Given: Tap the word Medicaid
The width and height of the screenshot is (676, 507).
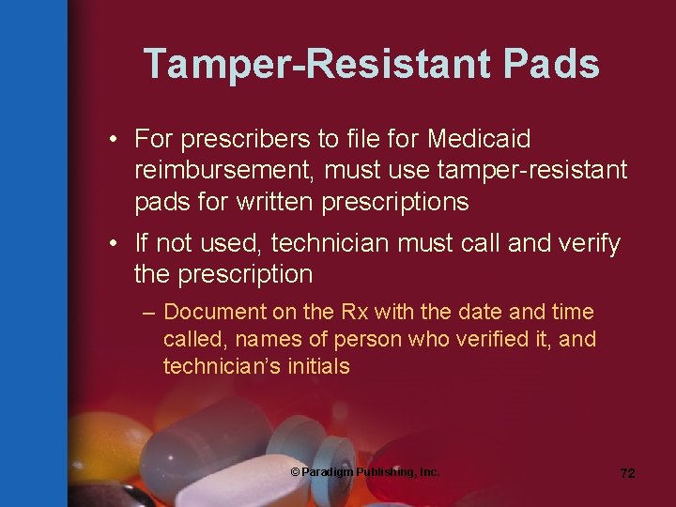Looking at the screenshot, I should pyautogui.click(x=479, y=140).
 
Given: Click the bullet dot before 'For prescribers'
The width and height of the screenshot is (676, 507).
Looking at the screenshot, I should pyautogui.click(x=112, y=140).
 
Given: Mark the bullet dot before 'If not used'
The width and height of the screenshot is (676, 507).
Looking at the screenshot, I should pyautogui.click(x=112, y=244).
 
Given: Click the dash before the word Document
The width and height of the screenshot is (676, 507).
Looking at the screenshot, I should pyautogui.click(x=149, y=312).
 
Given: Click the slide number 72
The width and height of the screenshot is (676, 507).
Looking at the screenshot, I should pyautogui.click(x=627, y=474).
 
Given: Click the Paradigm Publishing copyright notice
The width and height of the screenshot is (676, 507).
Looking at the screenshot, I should pyautogui.click(x=364, y=472).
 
